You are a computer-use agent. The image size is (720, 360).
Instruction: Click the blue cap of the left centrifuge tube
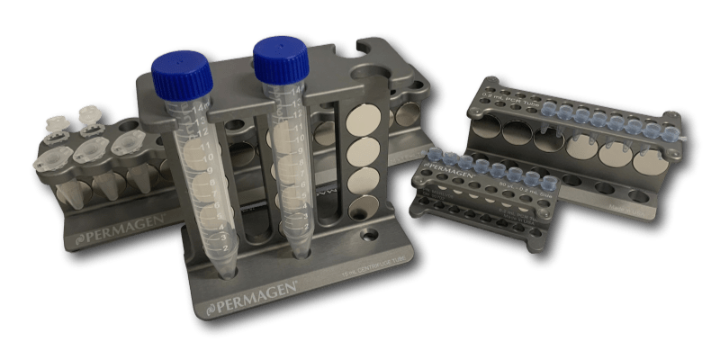click(182, 71)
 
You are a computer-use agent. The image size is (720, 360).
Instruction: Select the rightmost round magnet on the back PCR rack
click(650, 162)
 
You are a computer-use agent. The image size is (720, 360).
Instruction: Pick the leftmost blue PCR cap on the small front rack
click(441, 158)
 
